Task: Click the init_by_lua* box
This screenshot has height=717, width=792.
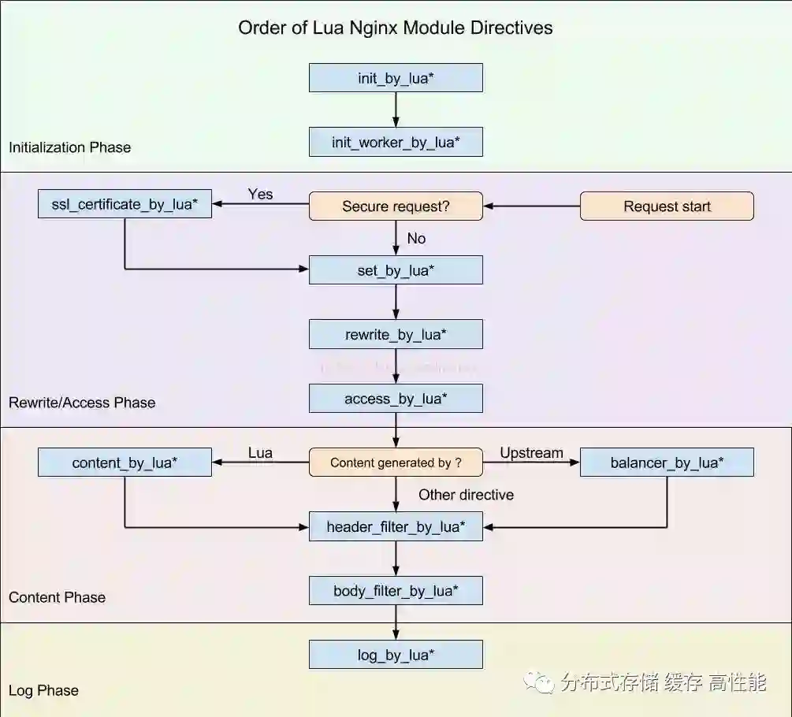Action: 396,78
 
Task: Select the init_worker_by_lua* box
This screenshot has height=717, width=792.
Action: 396,143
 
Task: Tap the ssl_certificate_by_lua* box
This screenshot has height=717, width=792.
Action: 125,205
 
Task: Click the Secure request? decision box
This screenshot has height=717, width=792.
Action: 396,206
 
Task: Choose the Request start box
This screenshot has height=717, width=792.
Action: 667,206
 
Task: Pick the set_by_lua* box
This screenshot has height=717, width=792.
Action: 396,271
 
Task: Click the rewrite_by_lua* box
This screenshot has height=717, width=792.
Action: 396,335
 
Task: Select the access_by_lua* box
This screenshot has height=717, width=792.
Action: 396,399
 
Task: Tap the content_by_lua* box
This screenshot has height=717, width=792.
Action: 125,463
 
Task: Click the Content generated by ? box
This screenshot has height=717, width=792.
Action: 396,463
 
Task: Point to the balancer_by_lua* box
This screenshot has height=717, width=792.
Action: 667,463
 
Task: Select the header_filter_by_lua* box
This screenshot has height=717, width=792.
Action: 396,526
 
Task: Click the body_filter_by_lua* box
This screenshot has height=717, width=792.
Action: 396,591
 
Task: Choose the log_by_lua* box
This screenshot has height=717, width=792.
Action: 396,655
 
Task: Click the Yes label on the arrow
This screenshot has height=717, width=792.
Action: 260,194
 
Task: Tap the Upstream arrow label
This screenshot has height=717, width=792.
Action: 532,453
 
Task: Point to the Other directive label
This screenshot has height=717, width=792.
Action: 466,495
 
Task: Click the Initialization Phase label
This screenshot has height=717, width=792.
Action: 69,147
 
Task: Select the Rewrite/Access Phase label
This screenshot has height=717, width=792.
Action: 82,403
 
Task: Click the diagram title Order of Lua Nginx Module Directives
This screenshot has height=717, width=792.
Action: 396,28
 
